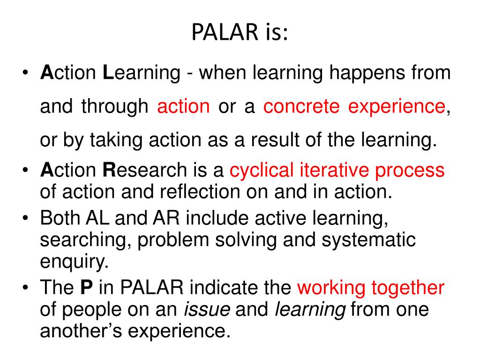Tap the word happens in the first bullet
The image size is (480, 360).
click(360, 73)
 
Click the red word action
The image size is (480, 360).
click(183, 107)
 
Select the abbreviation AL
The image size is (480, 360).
click(97, 218)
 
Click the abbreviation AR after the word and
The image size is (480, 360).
click(163, 218)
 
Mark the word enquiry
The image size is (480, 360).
click(74, 262)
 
